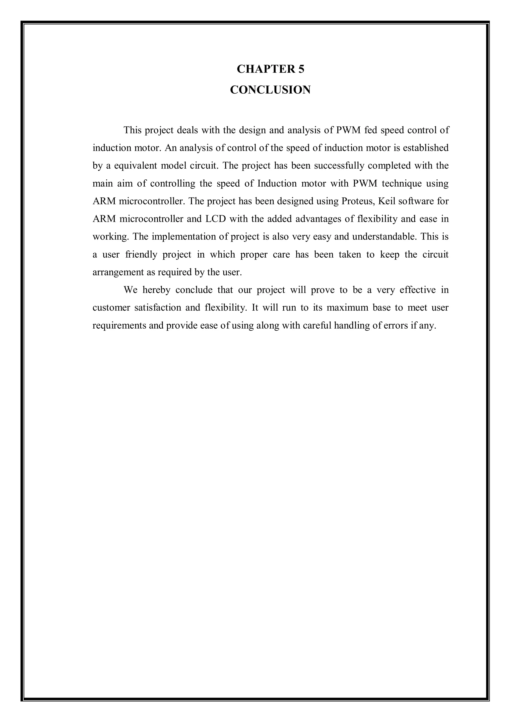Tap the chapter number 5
301,69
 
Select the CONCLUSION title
270,90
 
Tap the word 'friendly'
141,254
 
